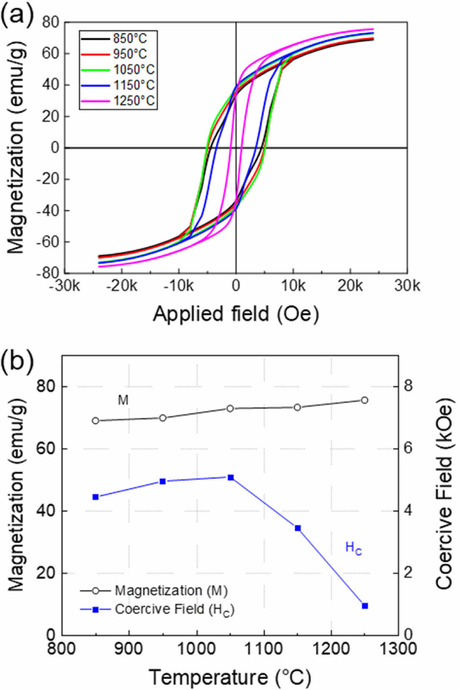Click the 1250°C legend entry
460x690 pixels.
[x=119, y=100]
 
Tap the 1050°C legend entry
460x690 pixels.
[x=119, y=70]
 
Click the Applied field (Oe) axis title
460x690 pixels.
[x=236, y=313]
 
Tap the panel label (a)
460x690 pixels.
[x=17, y=15]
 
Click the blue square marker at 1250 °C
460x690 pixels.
[x=365, y=606]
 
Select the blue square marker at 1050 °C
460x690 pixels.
[x=230, y=477]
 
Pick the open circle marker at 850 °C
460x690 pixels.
[x=96, y=421]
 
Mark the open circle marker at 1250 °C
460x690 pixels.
[x=364, y=400]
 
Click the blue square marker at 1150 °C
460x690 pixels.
[x=298, y=528]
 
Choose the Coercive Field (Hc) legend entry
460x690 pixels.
[x=157, y=610]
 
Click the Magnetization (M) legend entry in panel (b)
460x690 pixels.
[x=154, y=590]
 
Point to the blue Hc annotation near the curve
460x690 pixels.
[x=353, y=548]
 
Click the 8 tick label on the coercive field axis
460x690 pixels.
[x=407, y=386]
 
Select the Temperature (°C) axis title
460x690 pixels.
[x=230, y=677]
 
